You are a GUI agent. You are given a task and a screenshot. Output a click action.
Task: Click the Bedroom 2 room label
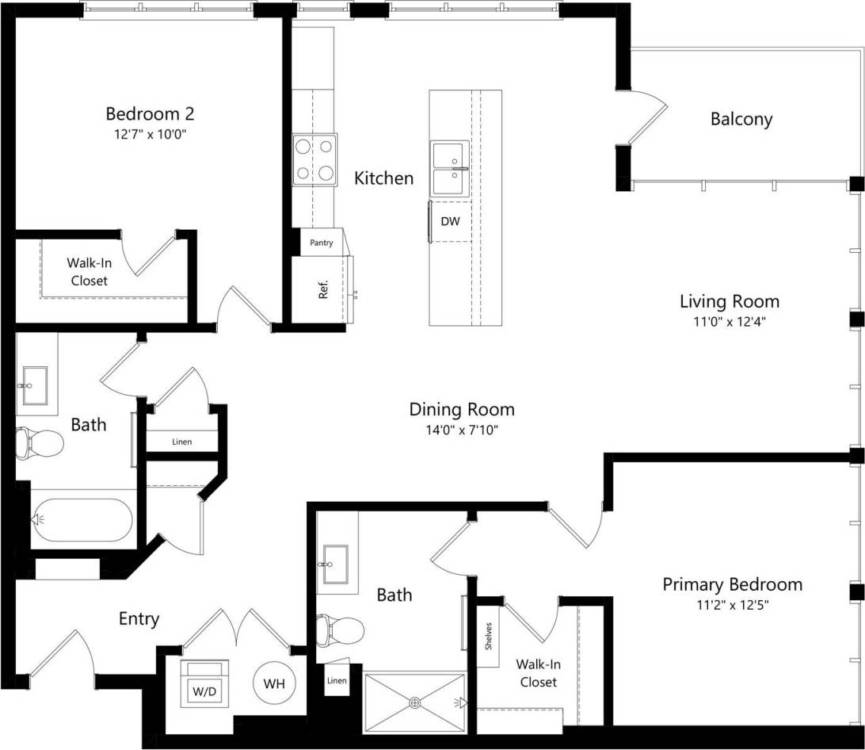[x=150, y=113]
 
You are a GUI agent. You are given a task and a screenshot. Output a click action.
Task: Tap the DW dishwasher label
[x=450, y=222]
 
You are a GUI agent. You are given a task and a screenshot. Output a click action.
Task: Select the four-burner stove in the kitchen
[x=314, y=159]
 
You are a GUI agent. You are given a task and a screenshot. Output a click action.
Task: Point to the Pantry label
[x=321, y=243]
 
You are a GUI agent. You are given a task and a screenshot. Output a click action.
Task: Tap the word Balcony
[x=741, y=120]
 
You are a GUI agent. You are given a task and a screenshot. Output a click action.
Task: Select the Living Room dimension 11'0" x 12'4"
[x=729, y=321]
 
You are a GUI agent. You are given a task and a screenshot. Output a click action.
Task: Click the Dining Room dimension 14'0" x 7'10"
[x=461, y=430]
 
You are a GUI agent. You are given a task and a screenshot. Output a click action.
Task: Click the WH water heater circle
[x=274, y=683]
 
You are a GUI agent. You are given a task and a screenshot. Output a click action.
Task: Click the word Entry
[x=139, y=618]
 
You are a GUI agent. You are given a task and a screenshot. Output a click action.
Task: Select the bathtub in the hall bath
[x=82, y=519]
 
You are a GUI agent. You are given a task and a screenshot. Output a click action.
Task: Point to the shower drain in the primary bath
[x=415, y=702]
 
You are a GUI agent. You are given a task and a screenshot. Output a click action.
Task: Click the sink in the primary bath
[x=339, y=564]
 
